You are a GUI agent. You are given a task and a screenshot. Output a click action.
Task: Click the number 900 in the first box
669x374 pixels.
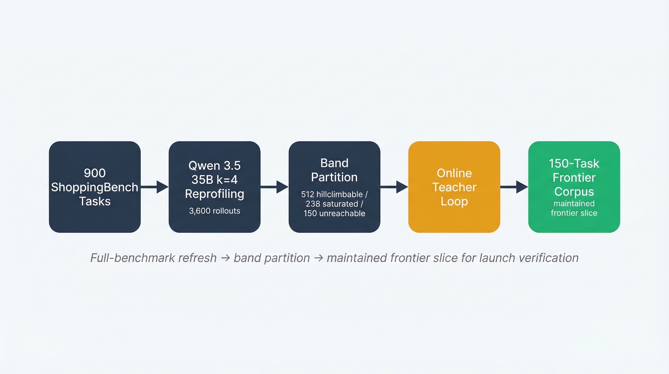coord(95,173)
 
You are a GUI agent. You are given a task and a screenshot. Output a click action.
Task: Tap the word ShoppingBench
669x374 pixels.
coord(95,187)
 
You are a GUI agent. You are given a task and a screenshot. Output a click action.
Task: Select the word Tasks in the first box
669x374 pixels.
coord(95,201)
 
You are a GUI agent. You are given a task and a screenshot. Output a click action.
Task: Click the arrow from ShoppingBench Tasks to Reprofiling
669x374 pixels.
coord(155,187)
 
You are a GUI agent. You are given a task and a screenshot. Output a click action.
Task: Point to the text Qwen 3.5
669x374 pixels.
coord(214,166)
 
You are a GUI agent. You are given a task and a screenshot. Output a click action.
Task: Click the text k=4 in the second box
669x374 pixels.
coord(227,180)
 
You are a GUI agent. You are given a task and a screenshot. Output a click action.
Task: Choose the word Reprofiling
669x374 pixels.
coord(214,194)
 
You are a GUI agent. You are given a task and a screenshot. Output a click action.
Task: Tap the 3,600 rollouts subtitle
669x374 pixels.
coord(214,211)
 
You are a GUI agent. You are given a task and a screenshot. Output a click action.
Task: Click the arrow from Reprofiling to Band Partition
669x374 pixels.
coord(274,187)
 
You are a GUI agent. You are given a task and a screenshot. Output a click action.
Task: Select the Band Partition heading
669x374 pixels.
coord(334,170)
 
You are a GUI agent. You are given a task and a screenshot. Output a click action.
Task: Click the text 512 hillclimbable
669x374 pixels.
coord(332,194)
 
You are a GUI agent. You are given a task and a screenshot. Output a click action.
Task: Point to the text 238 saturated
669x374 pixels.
coord(332,204)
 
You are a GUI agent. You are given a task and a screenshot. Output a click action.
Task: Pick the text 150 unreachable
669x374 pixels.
coord(334,213)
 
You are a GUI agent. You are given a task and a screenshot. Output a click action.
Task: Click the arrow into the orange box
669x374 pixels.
coord(394,187)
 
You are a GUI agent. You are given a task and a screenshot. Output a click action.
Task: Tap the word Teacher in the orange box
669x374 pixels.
coord(454,187)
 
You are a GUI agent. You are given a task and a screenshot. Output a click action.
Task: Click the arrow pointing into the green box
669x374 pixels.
coord(514,187)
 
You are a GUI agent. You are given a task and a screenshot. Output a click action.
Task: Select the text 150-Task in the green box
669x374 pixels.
coord(574,164)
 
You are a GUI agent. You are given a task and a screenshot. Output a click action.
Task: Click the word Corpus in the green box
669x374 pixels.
coord(574,192)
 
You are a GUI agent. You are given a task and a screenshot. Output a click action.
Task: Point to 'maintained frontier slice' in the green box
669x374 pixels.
coord(574,208)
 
